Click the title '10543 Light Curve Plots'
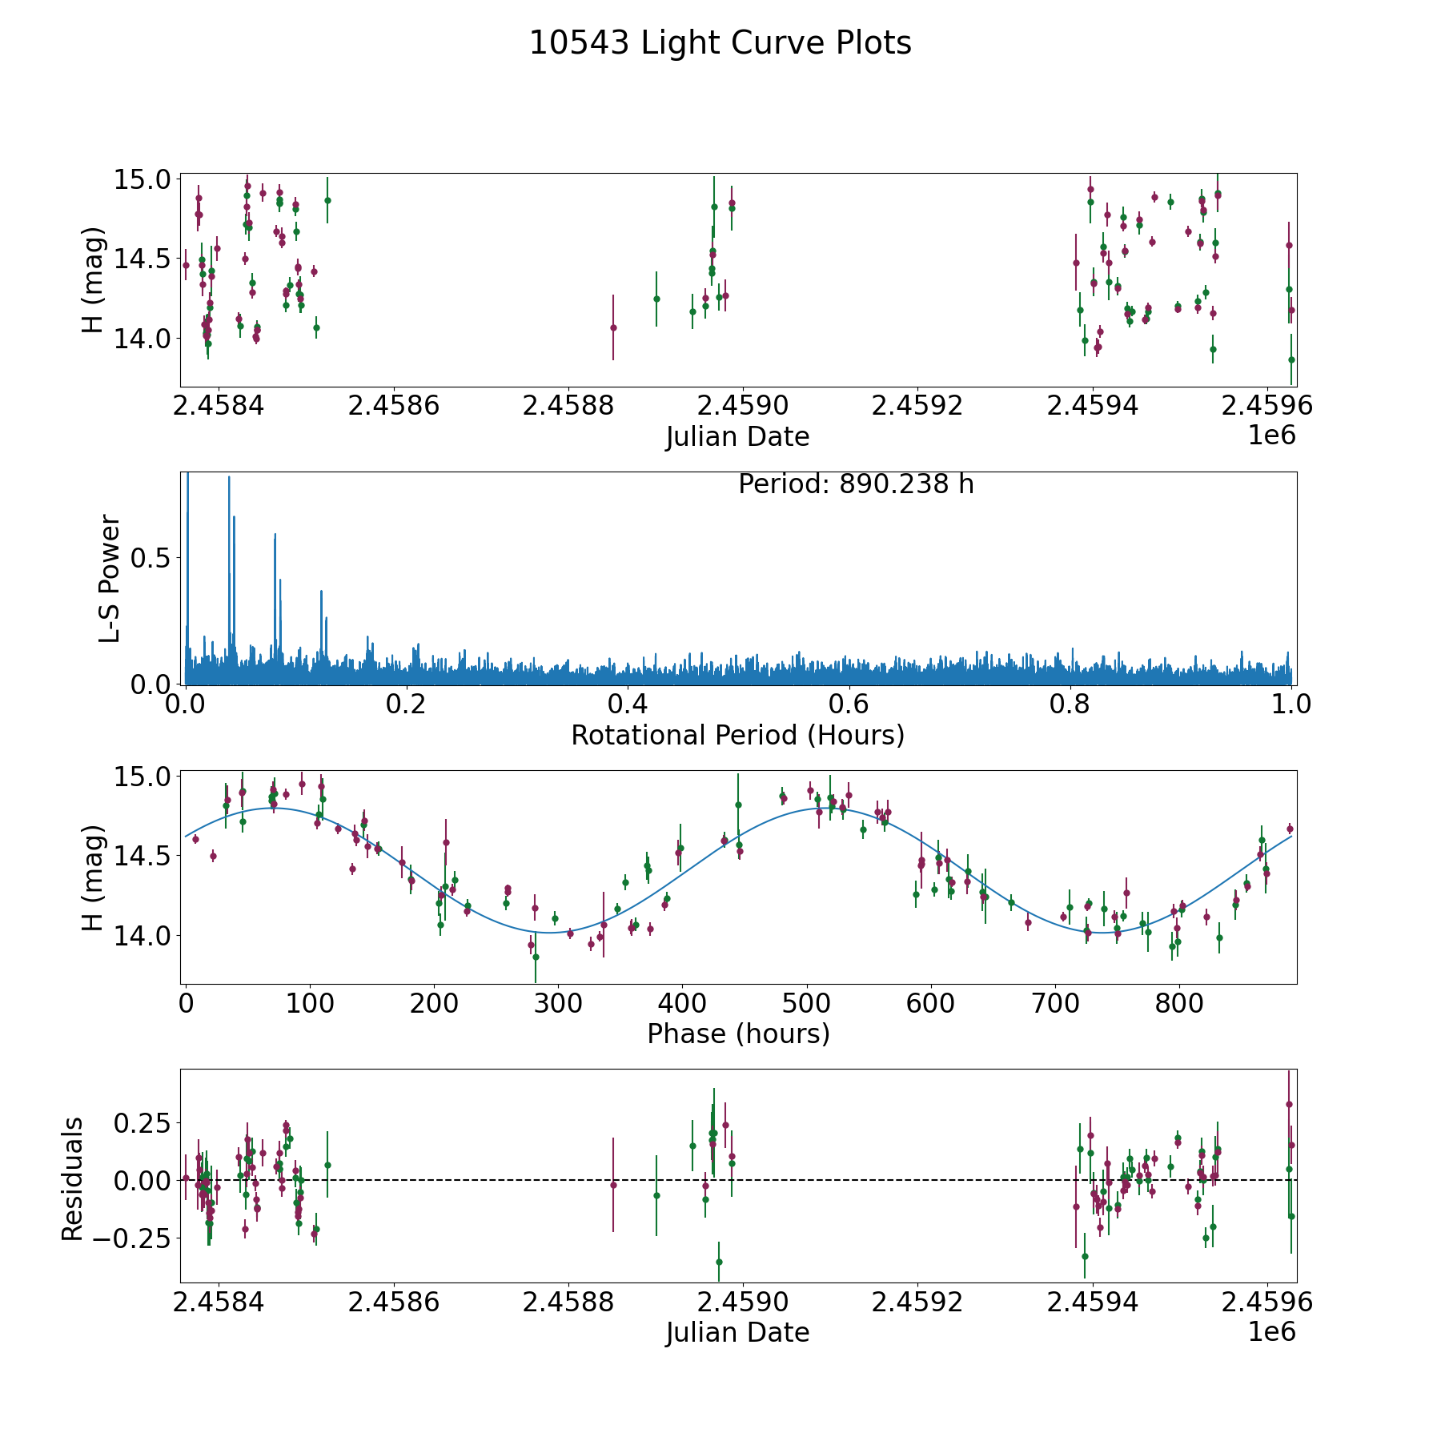720,43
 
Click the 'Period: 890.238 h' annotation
856,484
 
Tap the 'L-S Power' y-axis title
110,578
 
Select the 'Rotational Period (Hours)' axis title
737,735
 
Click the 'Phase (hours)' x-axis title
737,1034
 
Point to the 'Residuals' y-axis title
73,1178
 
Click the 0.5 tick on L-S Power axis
151,557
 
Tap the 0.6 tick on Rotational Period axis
849,704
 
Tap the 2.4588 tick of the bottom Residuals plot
568,1303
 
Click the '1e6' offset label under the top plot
1271,436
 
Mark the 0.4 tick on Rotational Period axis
628,704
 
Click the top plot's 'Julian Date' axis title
737,437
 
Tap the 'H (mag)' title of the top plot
94,279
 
